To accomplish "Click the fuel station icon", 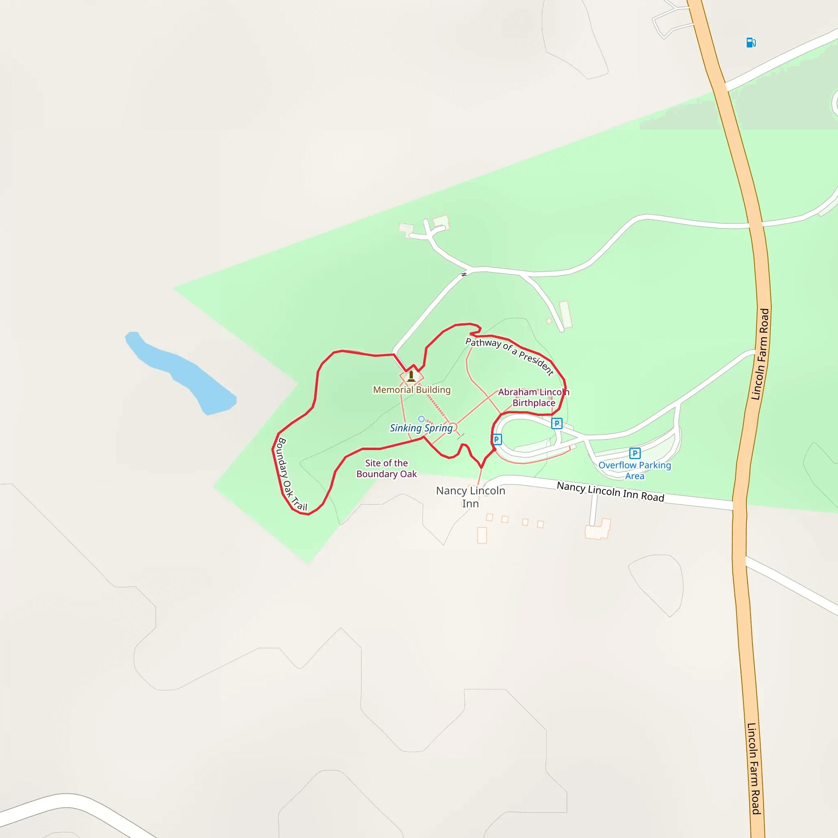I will (751, 43).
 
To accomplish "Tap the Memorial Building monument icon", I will (411, 376).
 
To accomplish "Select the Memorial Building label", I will (412, 390).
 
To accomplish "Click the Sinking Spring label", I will (421, 428).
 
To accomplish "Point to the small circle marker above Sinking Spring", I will (421, 419).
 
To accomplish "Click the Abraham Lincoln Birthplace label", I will (534, 397).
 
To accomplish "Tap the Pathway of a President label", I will (510, 356).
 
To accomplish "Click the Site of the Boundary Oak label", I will (386, 469).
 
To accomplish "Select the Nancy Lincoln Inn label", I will (471, 497).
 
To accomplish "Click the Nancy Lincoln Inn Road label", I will (610, 491).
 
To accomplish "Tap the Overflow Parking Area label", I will (635, 470).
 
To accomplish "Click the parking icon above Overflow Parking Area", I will (635, 453).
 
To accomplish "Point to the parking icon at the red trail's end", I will (497, 439).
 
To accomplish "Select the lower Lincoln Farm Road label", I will (754, 768).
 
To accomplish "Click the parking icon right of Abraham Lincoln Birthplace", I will (557, 424).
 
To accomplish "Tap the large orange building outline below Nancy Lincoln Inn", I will (482, 535).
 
